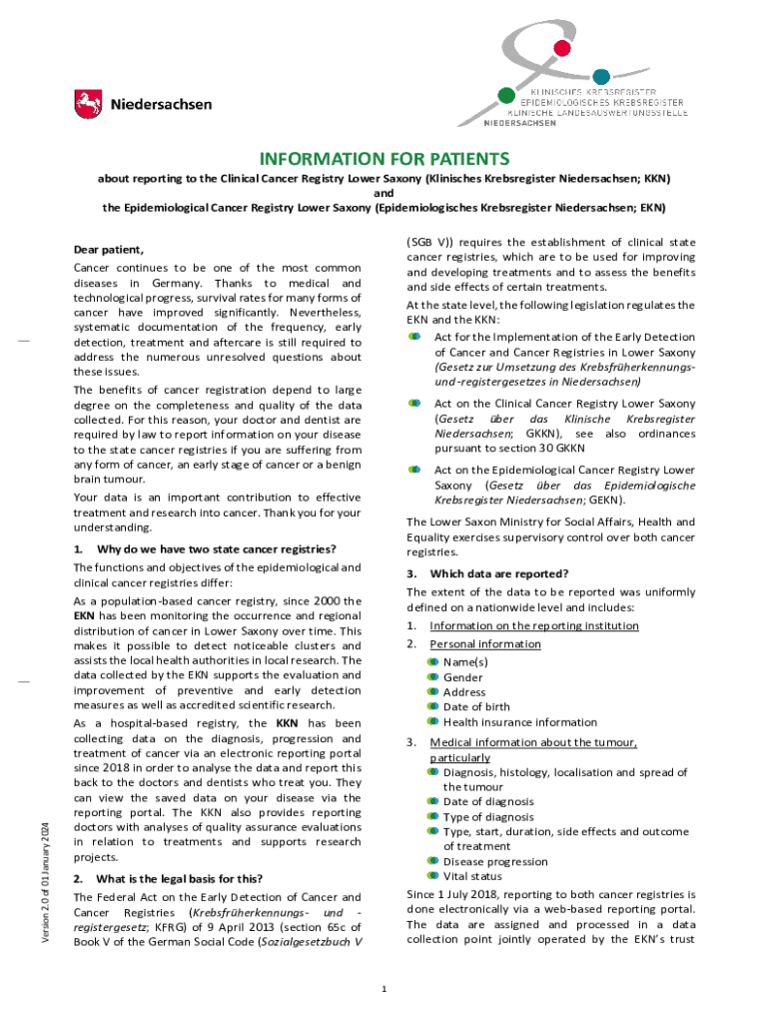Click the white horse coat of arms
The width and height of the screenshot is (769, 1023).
(x=88, y=104)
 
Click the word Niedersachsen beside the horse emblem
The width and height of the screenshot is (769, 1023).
(x=160, y=105)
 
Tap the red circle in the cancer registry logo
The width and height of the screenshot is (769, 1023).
(x=562, y=47)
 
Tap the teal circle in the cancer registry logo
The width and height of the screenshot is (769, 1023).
(x=601, y=76)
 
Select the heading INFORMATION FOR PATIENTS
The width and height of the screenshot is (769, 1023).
(x=384, y=159)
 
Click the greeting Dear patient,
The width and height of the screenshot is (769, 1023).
(x=109, y=250)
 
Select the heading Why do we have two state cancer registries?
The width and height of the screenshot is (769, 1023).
(x=216, y=549)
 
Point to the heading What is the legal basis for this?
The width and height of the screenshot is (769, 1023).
(x=179, y=879)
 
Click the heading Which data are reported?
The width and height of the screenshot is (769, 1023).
(x=498, y=573)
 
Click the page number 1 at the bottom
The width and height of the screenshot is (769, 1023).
(x=384, y=989)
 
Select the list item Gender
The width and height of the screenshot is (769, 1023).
(x=463, y=677)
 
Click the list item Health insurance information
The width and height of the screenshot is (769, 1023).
(x=520, y=722)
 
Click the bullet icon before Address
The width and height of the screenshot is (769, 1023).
(x=432, y=692)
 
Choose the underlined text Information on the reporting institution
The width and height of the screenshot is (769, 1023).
(x=534, y=626)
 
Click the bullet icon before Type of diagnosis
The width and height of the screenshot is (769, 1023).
(x=432, y=817)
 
